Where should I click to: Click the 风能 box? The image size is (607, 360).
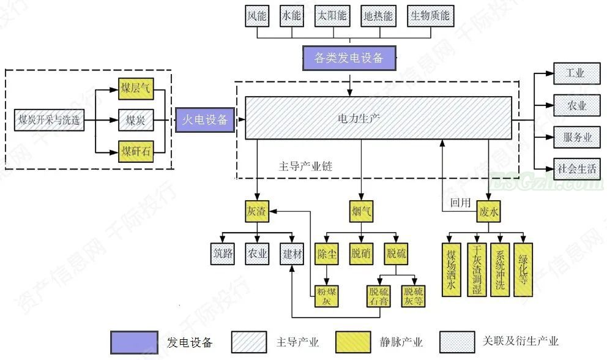pos(257,16)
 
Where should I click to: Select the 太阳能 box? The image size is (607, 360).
pos(332,16)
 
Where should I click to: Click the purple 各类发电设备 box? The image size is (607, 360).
pos(349,58)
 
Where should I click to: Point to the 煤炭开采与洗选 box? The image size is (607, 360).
pos(49,119)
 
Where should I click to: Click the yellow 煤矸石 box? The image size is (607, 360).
pos(135,150)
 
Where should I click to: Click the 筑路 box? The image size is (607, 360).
pos(223,253)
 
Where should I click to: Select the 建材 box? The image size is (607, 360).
pos(292,253)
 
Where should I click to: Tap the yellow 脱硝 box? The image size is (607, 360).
pos(361,253)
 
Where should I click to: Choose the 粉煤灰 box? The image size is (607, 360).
pos(327,295)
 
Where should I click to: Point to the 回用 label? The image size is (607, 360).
pos(460,203)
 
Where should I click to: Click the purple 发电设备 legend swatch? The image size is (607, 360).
pos(135,342)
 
